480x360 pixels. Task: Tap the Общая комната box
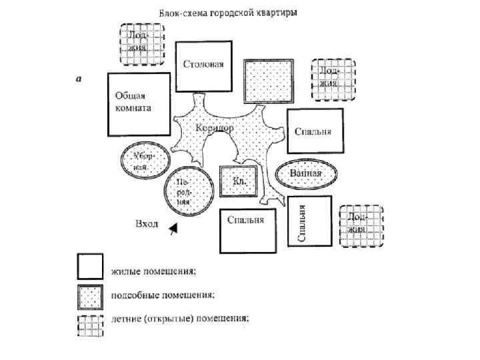pyautogui.click(x=137, y=103)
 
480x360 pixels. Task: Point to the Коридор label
pyautogui.click(x=215, y=127)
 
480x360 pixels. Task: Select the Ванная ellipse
pyautogui.click(x=305, y=173)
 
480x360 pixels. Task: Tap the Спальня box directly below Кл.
pyautogui.click(x=245, y=230)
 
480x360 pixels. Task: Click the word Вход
pyautogui.click(x=147, y=224)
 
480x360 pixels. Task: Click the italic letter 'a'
pyautogui.click(x=79, y=79)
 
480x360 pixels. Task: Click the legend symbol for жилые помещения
pyautogui.click(x=90, y=267)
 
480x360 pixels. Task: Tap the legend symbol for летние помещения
pyautogui.click(x=90, y=325)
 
